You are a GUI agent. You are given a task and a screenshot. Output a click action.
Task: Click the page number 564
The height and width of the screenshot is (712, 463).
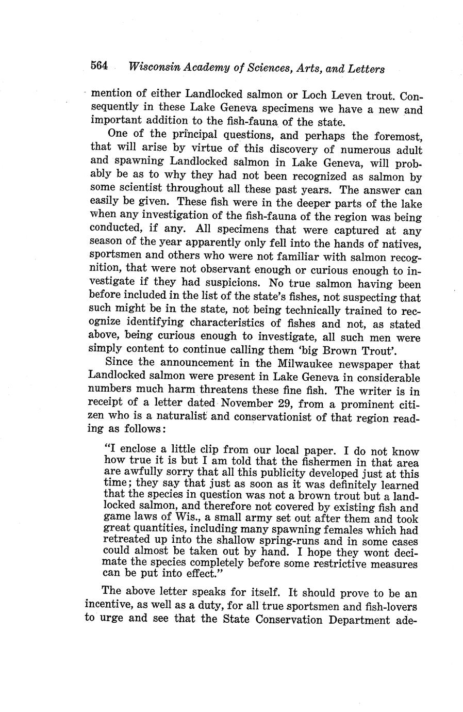[x=99, y=66]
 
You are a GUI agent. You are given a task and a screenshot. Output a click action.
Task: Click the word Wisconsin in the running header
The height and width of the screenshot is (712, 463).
[x=153, y=68]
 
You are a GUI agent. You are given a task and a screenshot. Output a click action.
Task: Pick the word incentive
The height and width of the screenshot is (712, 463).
[x=108, y=605]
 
